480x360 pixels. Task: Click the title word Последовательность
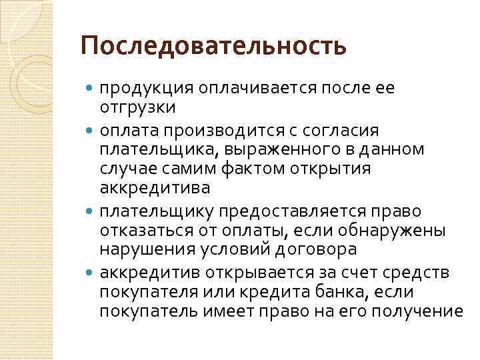tap(213, 47)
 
